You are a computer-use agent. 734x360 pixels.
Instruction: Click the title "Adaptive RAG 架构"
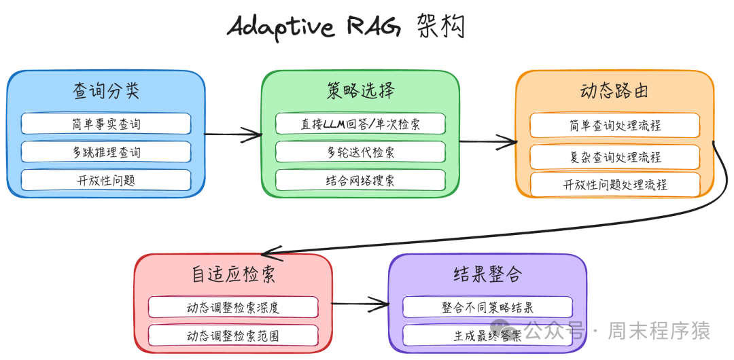tap(347, 28)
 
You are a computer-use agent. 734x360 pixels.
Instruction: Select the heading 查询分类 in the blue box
tap(106, 92)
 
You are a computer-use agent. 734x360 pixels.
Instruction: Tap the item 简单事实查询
tap(106, 124)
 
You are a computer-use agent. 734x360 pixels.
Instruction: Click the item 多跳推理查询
tap(106, 152)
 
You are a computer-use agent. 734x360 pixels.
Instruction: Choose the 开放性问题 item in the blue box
tap(106, 180)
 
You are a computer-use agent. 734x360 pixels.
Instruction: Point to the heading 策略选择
tap(360, 91)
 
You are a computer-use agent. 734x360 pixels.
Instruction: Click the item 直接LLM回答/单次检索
tap(360, 124)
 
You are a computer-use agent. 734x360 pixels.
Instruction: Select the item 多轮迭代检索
tap(360, 152)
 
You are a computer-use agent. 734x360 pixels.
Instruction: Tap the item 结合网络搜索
tap(360, 180)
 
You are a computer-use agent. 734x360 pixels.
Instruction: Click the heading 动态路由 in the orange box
tap(614, 92)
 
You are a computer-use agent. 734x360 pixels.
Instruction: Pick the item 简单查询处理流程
tap(614, 126)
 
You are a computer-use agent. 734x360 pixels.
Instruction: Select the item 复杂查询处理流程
tap(614, 157)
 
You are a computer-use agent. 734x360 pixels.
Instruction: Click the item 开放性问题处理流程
tap(614, 185)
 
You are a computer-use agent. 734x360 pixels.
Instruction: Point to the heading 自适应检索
tap(233, 275)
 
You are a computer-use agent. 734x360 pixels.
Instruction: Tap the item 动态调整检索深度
tap(233, 307)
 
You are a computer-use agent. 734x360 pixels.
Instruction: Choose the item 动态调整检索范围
tap(233, 336)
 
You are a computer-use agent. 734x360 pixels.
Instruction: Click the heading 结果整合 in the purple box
tap(487, 274)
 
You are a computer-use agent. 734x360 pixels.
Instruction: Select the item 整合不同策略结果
tap(487, 307)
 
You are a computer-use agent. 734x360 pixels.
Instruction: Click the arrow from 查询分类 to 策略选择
tap(233, 134)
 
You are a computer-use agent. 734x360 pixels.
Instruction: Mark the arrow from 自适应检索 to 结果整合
tap(360, 304)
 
